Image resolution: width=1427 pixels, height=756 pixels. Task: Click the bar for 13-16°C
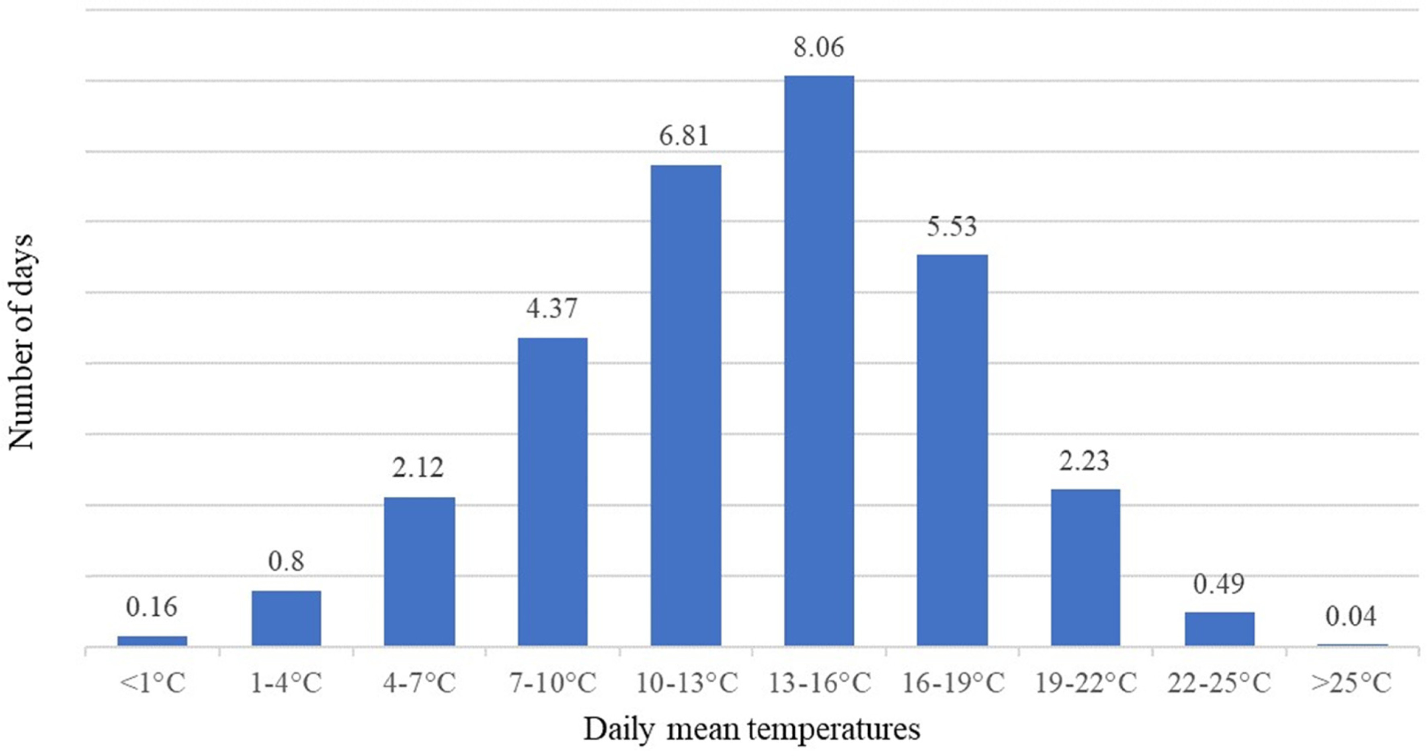pyautogui.click(x=819, y=360)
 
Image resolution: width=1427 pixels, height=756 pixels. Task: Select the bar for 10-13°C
pyautogui.click(x=686, y=405)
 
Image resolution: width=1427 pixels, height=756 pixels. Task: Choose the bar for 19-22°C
pyautogui.click(x=1085, y=567)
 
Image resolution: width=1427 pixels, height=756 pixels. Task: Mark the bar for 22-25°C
pyautogui.click(x=1219, y=629)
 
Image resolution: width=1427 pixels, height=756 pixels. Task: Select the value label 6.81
pyautogui.click(x=684, y=136)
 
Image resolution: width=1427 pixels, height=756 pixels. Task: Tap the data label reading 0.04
pyautogui.click(x=1351, y=617)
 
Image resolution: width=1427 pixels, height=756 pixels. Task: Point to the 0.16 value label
pyautogui.click(x=151, y=607)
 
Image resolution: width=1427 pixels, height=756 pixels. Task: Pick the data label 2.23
pyautogui.click(x=1084, y=461)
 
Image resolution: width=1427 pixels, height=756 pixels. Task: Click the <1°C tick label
pyautogui.click(x=152, y=683)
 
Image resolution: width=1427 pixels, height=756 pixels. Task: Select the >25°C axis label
pyautogui.click(x=1351, y=683)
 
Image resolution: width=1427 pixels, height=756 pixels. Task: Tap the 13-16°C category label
pyautogui.click(x=819, y=683)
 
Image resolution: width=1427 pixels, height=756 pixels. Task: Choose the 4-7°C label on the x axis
pyautogui.click(x=419, y=683)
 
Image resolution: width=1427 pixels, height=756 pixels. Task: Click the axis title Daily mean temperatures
pyautogui.click(x=752, y=730)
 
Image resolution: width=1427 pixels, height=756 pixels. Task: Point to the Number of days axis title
pyautogui.click(x=21, y=342)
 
